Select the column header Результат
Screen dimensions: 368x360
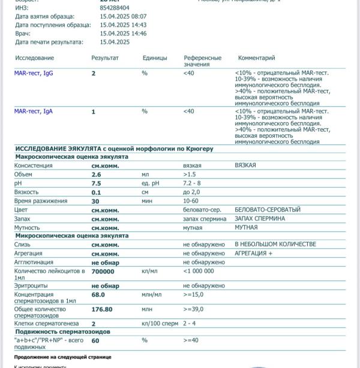pyautogui.click(x=105, y=58)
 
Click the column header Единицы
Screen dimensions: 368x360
pyautogui.click(x=155, y=58)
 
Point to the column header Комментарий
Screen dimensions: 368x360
pyautogui.click(x=256, y=58)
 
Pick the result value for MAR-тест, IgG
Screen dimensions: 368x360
pyautogui.click(x=94, y=73)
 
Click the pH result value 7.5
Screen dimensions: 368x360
pyautogui.click(x=96, y=183)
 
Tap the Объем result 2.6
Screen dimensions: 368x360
pyautogui.click(x=96, y=174)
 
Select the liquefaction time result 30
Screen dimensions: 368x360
pyautogui.click(x=95, y=201)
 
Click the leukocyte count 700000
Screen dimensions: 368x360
pyautogui.click(x=103, y=272)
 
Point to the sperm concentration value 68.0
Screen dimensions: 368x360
pyautogui.click(x=98, y=295)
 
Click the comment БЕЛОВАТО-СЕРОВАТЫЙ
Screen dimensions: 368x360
pyautogui.click(x=268, y=210)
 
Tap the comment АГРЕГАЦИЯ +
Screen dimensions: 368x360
pyautogui.click(x=253, y=254)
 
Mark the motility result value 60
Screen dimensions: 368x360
pyautogui.click(x=95, y=340)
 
